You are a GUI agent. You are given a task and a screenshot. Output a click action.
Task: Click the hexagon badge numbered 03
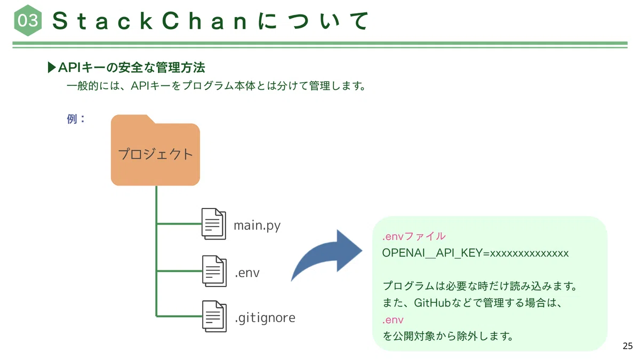tap(28, 20)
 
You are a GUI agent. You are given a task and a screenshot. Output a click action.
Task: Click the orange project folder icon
tap(155, 150)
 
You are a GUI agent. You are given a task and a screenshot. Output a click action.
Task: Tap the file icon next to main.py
tap(214, 223)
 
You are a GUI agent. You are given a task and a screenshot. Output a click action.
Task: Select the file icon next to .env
tap(214, 271)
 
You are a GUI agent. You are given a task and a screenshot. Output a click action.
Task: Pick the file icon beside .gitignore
tap(214, 316)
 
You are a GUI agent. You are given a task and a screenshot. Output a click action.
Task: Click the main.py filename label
tap(257, 226)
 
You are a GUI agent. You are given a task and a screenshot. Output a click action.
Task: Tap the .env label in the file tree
tap(247, 273)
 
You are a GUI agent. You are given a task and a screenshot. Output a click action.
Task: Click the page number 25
tap(627, 346)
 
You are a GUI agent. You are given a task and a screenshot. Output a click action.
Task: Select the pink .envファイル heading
tap(414, 236)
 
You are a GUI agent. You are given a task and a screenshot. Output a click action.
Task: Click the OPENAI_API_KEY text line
tap(475, 253)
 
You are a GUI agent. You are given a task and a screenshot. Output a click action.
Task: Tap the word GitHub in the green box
tap(432, 303)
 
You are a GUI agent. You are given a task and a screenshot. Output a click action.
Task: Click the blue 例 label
tap(76, 119)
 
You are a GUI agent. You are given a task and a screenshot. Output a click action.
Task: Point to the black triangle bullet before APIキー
tap(51, 67)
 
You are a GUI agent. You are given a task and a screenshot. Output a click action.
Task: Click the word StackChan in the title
tap(149, 21)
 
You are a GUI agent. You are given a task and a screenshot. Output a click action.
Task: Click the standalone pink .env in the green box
tap(393, 320)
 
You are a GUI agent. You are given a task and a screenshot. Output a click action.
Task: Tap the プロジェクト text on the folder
tap(155, 154)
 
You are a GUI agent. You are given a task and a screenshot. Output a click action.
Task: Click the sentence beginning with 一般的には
tap(217, 86)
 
